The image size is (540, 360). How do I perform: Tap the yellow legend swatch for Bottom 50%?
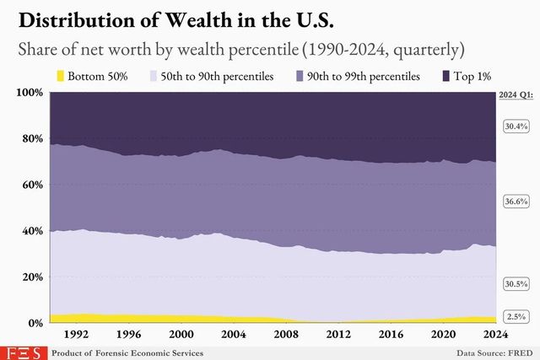click(x=61, y=77)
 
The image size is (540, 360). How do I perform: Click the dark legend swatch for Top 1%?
click(x=447, y=77)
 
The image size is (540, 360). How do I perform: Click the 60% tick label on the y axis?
click(x=31, y=185)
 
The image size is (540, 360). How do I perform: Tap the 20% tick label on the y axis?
click(x=31, y=277)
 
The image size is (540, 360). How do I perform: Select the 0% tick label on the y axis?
click(x=35, y=323)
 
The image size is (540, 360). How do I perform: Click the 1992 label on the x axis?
click(x=78, y=333)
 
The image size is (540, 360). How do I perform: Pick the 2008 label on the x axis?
click(x=284, y=333)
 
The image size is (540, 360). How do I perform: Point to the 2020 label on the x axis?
click(x=440, y=333)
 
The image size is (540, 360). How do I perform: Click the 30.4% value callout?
click(x=515, y=126)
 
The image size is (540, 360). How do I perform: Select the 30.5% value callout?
click(x=515, y=284)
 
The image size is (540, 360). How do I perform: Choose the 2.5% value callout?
click(x=516, y=316)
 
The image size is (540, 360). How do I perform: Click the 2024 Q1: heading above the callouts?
click(x=514, y=96)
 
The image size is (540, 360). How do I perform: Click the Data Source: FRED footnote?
click(x=495, y=352)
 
